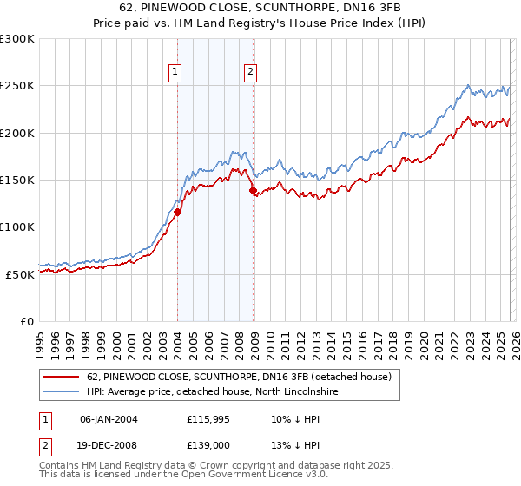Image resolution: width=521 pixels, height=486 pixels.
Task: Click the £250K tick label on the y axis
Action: click(x=17, y=86)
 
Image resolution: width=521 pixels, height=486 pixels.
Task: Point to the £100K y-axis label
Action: click(x=17, y=227)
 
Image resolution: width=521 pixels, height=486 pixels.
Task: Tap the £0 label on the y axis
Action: click(x=27, y=321)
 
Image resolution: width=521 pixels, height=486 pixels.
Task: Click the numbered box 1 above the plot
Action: click(x=175, y=72)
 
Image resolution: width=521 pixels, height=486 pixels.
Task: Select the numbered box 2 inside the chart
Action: click(x=250, y=72)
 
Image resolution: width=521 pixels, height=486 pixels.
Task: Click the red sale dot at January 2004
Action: click(x=177, y=212)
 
